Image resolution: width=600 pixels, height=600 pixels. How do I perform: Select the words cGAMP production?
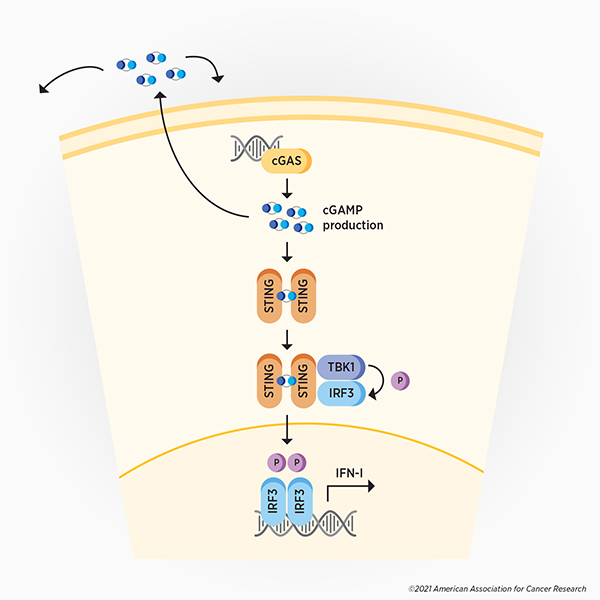[x=353, y=218]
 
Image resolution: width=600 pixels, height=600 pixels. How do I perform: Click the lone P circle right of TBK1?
[x=400, y=380]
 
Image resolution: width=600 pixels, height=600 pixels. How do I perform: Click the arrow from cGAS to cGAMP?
[x=287, y=187]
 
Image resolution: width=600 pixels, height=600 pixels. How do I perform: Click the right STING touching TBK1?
[x=306, y=382]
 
